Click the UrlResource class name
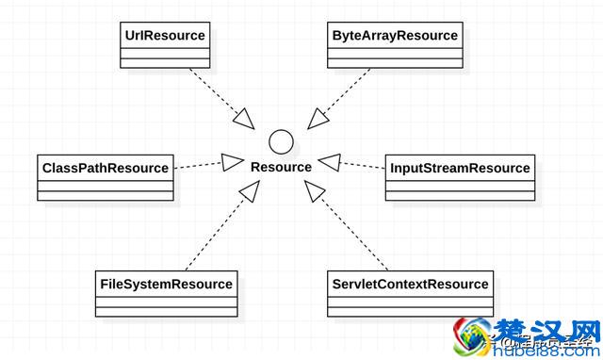(x=165, y=36)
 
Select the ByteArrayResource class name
(x=395, y=36)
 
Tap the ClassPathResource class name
(x=106, y=168)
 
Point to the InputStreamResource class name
(x=460, y=168)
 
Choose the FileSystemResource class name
(x=166, y=284)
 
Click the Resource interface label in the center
(x=281, y=167)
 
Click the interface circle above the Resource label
(x=281, y=142)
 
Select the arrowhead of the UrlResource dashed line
(x=243, y=118)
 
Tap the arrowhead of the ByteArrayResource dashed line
(x=318, y=117)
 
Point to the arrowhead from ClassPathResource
(x=231, y=160)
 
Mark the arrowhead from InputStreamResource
(x=329, y=161)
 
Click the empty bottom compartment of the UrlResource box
(x=165, y=62)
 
